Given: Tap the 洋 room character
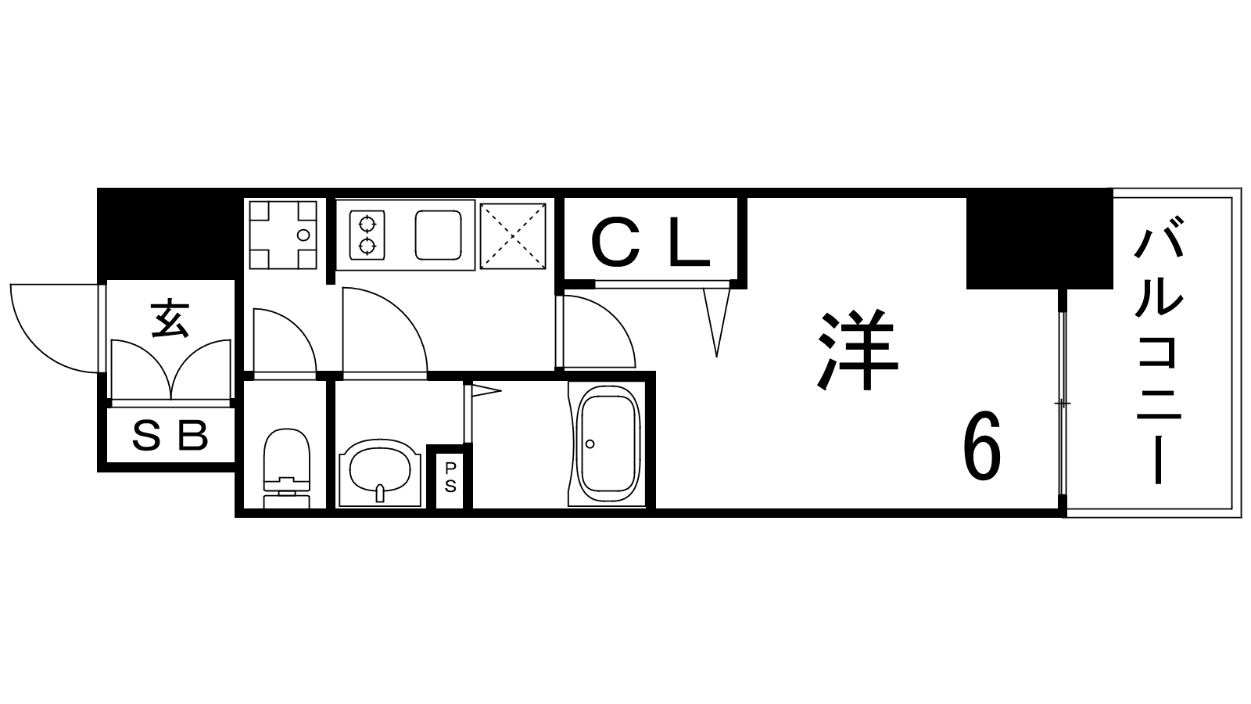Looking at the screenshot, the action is [857, 349].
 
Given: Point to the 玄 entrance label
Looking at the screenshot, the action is [170, 319].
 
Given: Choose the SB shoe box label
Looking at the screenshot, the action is [170, 436].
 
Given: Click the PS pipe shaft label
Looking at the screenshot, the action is [450, 477].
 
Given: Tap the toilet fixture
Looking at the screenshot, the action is [286, 469].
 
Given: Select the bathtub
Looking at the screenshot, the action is [608, 445].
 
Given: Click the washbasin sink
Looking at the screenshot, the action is [380, 472].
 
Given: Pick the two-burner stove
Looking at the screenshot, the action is [367, 235].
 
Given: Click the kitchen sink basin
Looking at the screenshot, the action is [439, 235].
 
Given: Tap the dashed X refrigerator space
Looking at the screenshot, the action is [513, 235].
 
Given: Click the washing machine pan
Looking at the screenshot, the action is [282, 235].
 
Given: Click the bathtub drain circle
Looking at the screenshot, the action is [590, 444].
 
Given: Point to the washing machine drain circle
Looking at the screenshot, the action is [303, 235].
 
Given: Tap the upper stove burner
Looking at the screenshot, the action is [367, 224].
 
